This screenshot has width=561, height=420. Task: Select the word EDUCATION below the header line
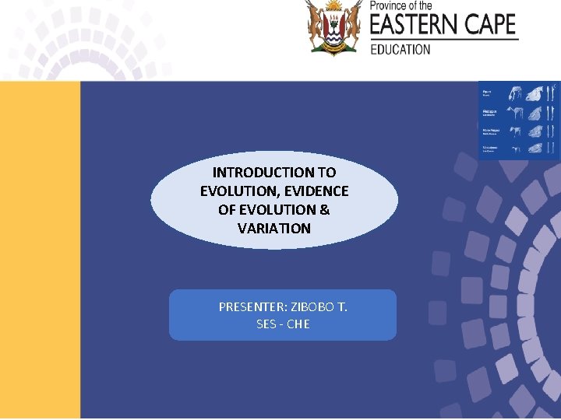click(x=400, y=49)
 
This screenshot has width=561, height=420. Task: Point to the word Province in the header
click(x=388, y=5)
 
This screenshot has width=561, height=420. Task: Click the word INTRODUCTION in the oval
click(x=257, y=172)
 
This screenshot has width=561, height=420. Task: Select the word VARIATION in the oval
click(x=274, y=228)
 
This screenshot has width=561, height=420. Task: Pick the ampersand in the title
click(x=324, y=209)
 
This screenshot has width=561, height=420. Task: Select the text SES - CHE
click(x=283, y=324)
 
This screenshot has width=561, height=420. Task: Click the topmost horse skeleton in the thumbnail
click(x=513, y=94)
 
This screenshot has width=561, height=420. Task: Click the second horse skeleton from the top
click(x=513, y=112)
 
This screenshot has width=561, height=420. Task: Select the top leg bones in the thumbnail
click(x=552, y=93)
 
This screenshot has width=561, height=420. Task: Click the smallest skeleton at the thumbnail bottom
click(x=513, y=148)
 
